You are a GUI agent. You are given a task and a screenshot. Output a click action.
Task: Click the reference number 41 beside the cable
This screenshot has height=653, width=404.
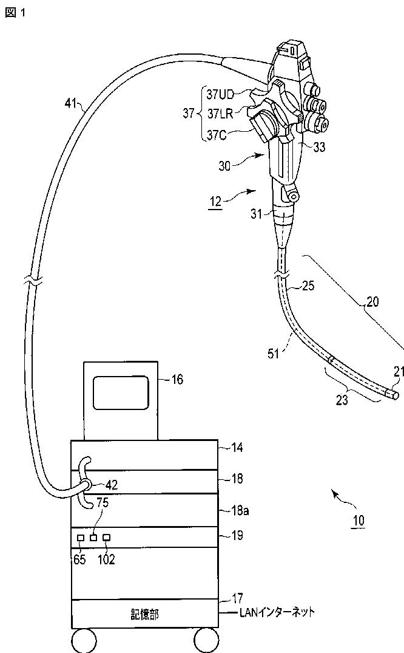(71, 103)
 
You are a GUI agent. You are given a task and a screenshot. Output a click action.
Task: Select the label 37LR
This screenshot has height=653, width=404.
(220, 114)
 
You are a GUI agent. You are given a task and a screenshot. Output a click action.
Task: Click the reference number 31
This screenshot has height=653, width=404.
(258, 213)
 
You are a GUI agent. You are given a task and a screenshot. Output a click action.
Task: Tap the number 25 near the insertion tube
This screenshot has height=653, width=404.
(308, 285)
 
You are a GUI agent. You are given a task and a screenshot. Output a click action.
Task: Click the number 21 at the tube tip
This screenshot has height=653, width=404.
(397, 372)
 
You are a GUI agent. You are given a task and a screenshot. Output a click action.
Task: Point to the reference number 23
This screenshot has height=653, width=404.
(343, 400)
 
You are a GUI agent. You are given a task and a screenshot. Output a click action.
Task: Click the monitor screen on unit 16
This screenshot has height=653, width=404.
(121, 392)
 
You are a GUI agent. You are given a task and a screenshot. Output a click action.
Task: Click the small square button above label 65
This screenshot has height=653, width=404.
(81, 538)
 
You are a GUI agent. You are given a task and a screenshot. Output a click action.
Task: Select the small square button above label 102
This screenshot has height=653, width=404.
(107, 538)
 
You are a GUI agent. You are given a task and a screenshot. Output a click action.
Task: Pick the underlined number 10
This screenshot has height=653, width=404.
(359, 521)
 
